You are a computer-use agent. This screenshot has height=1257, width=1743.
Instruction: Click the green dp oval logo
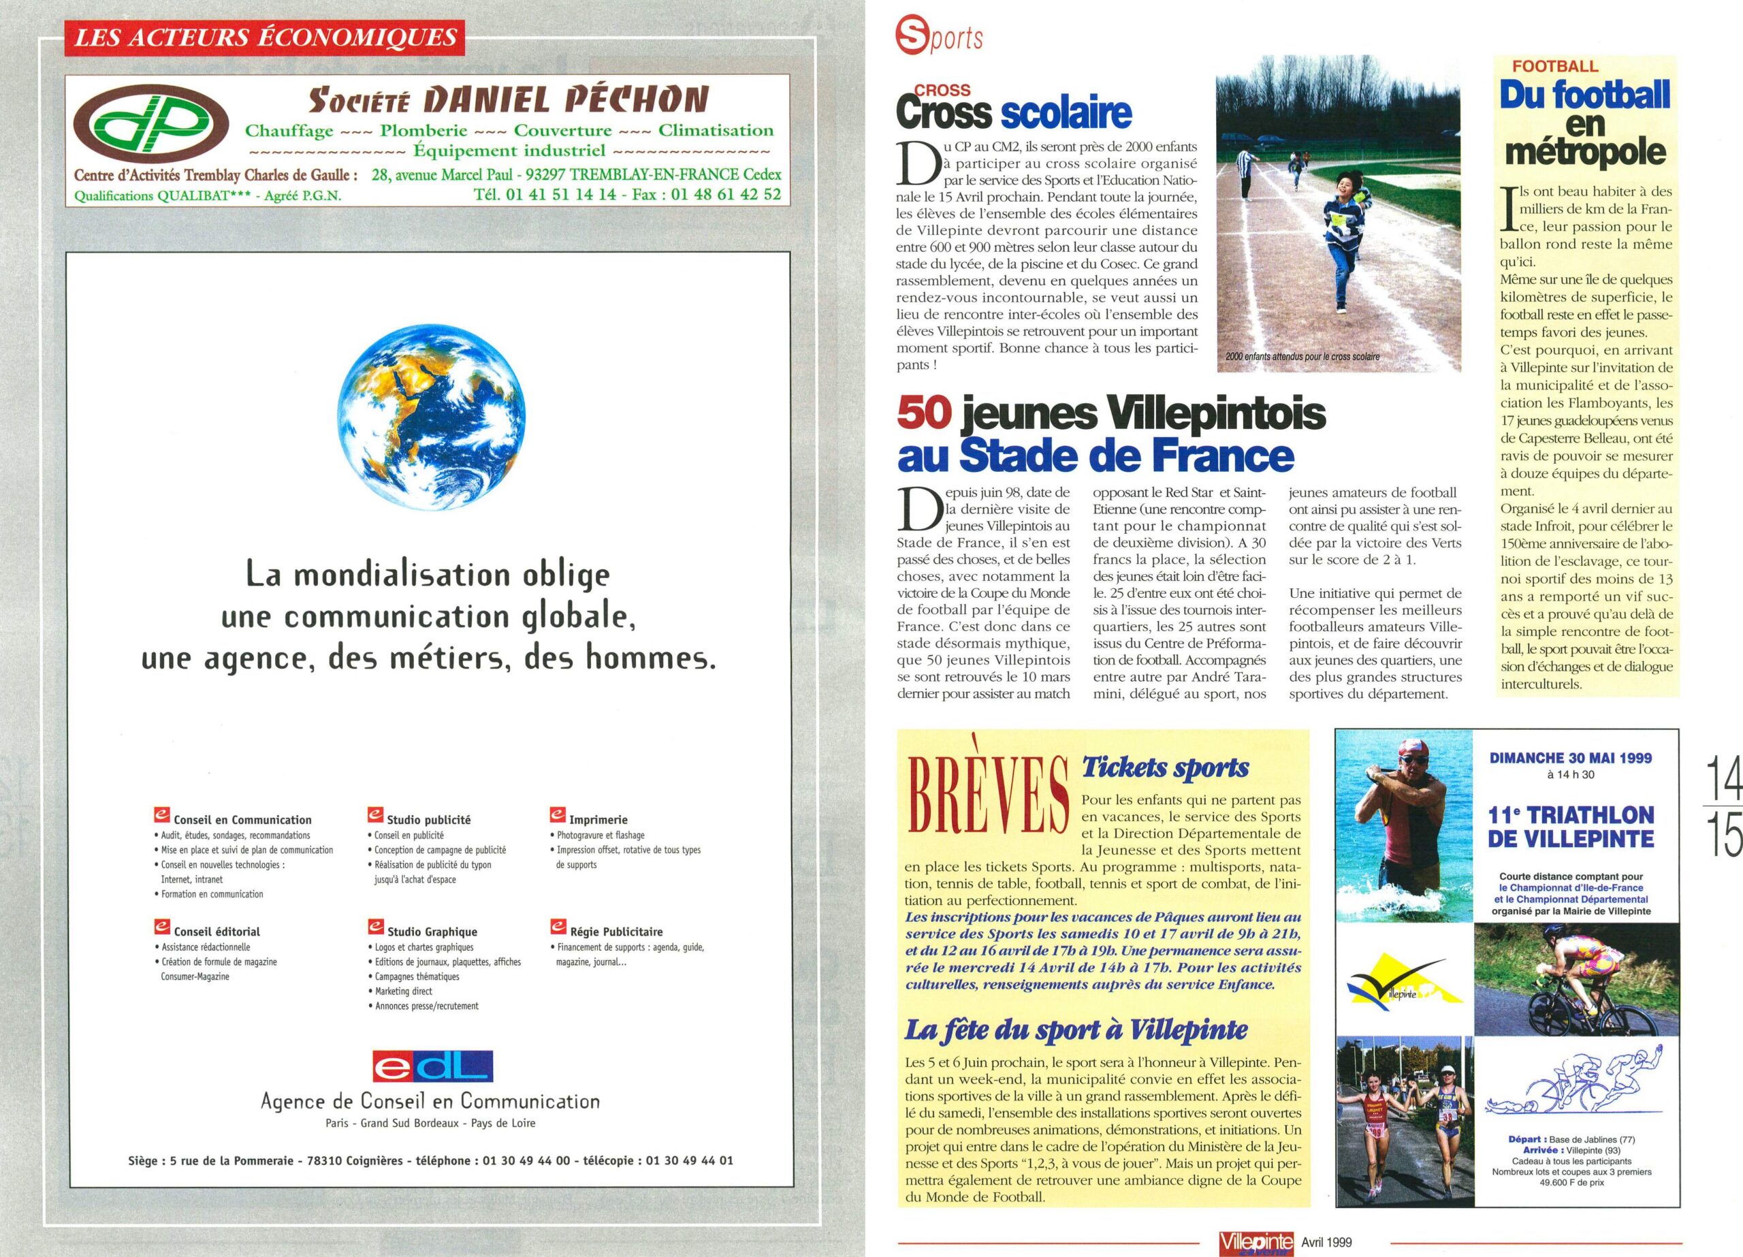[150, 125]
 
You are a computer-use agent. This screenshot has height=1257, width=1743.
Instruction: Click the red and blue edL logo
[431, 1066]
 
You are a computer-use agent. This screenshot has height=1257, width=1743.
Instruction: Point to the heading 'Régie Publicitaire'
[615, 932]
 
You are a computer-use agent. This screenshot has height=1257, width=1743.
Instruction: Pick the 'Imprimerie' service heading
[598, 820]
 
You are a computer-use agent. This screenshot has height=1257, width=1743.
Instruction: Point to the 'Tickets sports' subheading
[1165, 767]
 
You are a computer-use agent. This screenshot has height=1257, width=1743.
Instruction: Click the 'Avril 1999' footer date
[1326, 1241]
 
